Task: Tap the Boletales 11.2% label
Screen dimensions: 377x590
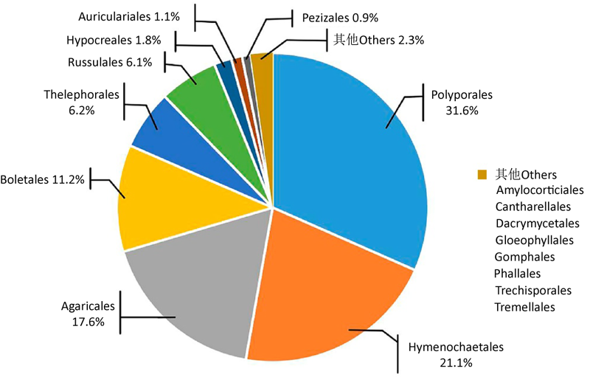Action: pyautogui.click(x=42, y=179)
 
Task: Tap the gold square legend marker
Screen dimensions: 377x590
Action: pyautogui.click(x=482, y=174)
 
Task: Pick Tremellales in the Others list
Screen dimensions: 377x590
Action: pyautogui.click(x=525, y=306)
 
